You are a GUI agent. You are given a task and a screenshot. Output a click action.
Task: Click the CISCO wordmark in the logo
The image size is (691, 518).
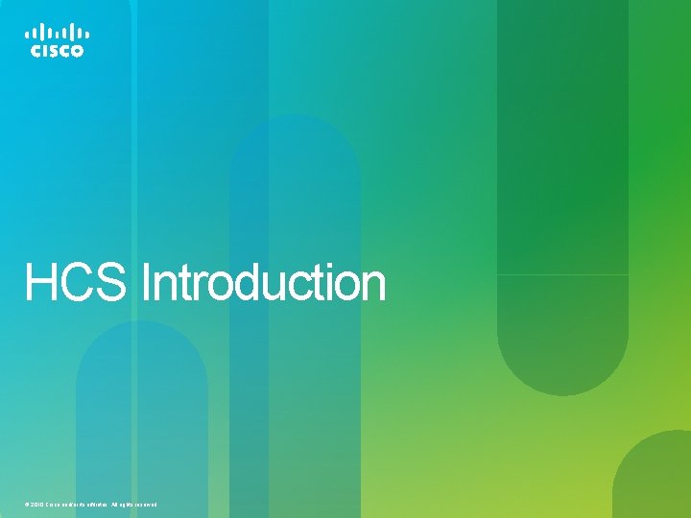click(57, 51)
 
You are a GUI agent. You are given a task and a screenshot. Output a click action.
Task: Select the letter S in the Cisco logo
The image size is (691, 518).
click(54, 51)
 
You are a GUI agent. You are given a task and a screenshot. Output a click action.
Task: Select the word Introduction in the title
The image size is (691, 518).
click(263, 284)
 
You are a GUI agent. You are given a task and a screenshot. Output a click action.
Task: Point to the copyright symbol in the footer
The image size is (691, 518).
click(28, 505)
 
